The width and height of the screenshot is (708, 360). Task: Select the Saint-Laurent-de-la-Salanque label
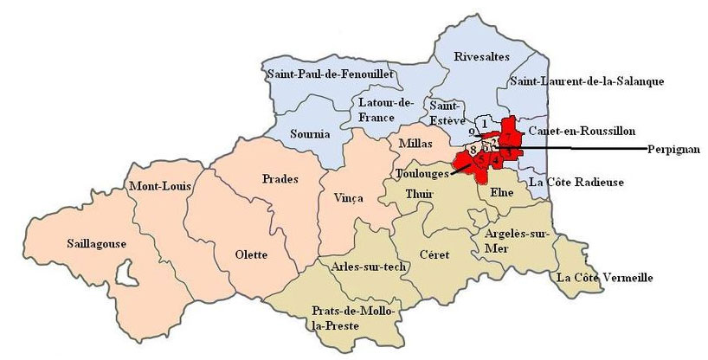pos(586,81)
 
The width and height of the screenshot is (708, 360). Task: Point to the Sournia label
pos(311,134)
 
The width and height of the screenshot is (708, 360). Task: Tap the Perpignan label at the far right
pos(675,149)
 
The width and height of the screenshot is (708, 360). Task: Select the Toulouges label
pos(415,173)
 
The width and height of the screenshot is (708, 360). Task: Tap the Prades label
pos(279,179)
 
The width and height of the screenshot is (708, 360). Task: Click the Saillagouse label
pos(96,243)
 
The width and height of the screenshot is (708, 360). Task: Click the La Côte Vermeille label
pos(603,278)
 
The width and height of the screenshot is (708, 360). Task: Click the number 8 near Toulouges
pos(473,150)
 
